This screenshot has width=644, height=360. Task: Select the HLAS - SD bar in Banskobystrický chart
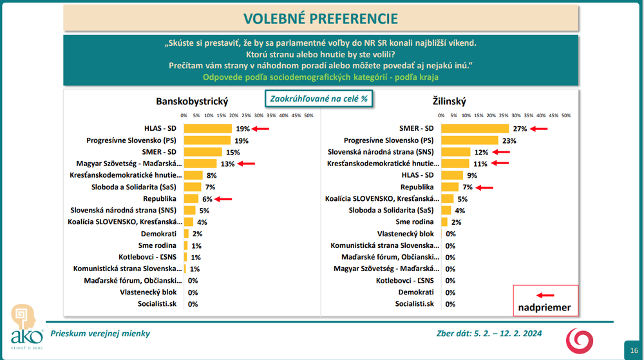coord(207,128)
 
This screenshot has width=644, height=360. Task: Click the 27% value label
coord(520,129)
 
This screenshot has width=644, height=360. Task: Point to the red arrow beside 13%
coord(246,164)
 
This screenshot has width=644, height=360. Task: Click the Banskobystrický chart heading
coord(192,101)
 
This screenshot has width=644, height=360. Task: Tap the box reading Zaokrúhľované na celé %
coord(319,99)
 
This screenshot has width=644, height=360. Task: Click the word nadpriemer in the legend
coord(545,307)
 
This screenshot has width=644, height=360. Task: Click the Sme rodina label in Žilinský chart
coord(415,222)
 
